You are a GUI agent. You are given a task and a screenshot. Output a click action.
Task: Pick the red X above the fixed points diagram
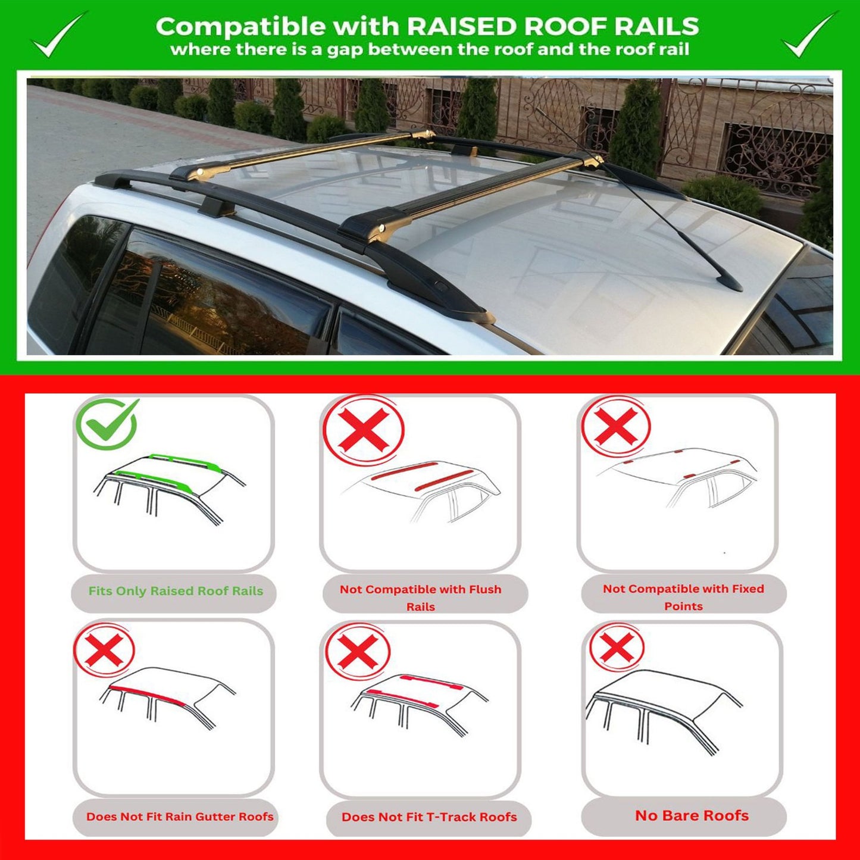tap(616, 427)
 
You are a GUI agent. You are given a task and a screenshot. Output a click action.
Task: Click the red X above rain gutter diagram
tap(105, 650)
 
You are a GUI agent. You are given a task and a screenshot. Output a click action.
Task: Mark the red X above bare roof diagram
tap(617, 648)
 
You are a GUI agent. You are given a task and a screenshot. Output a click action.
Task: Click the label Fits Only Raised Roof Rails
tap(176, 591)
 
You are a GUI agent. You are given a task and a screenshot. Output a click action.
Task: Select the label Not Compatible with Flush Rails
tap(420, 597)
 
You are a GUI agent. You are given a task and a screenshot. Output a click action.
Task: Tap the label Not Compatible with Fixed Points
tap(683, 596)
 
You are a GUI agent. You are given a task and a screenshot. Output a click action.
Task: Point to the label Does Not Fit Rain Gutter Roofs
tap(180, 817)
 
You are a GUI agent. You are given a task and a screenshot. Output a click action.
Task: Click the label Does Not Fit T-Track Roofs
tap(429, 817)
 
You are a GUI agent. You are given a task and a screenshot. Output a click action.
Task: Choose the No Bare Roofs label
tap(692, 815)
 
